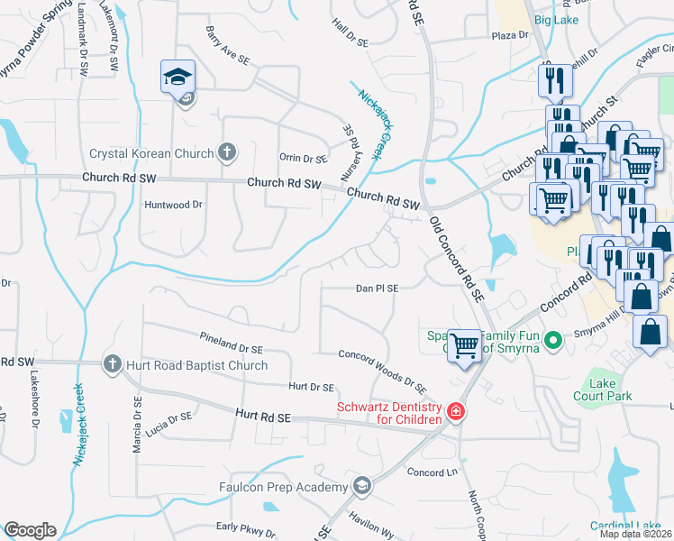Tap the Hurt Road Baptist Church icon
click(112, 364)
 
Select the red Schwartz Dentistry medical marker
click(456, 413)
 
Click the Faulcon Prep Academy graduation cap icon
click(362, 487)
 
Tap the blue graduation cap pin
click(178, 78)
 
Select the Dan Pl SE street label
click(377, 289)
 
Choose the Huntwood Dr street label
click(174, 205)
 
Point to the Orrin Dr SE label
click(302, 159)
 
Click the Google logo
click(30, 530)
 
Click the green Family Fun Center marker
click(555, 340)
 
